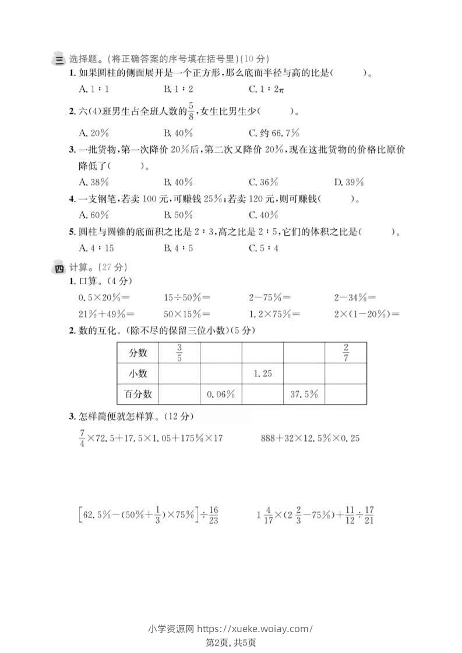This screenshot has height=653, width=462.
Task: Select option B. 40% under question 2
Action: coord(178,132)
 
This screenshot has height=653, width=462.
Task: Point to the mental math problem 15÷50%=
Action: coord(187,297)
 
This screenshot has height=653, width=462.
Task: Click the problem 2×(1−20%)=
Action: coord(367,314)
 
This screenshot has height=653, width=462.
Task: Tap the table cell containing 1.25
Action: coord(263,373)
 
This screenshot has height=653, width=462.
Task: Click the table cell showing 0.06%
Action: coord(221,394)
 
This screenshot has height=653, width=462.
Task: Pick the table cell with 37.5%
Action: coord(304,394)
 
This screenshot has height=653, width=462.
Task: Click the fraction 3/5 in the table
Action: coord(179,353)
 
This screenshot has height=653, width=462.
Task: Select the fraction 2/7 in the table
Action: coord(345,353)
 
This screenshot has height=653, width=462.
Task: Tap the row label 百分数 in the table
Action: coord(138,394)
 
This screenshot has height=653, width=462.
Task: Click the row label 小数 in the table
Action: coord(138,373)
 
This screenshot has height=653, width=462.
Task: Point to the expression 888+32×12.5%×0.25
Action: coord(310,438)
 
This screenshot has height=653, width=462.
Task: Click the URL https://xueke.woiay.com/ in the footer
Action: coord(254,623)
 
